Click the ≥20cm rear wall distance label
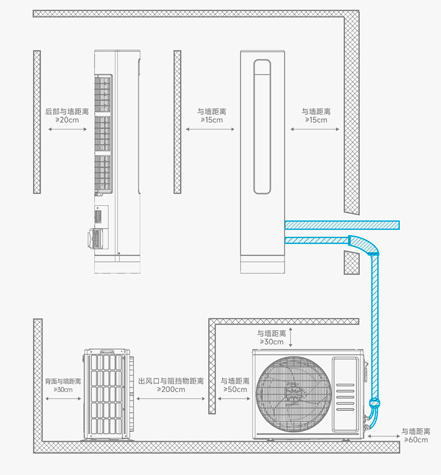coord(67,120)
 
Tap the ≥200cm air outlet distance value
coord(171,389)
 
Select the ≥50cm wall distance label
coord(235,389)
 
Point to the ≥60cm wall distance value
coord(416,440)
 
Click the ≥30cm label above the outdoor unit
coord(272,342)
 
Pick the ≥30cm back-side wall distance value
coord(63,390)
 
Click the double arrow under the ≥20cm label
coord(68,129)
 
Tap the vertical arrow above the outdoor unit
coord(290,337)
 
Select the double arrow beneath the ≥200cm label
coord(171,399)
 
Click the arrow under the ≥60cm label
coord(384,436)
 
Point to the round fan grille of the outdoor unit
coord(294,394)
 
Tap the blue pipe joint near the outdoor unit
coord(375,403)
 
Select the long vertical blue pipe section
coord(375,327)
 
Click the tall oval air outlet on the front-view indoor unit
coord(262,126)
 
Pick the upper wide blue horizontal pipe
coord(342,225)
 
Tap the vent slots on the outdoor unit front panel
coord(345,397)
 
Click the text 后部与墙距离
coord(67,112)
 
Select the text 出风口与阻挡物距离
coord(171,381)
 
